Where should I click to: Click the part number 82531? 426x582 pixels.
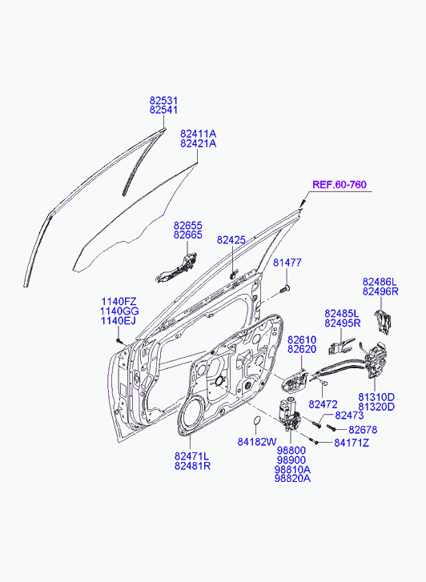pos(164,101)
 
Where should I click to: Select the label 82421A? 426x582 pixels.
pos(199,143)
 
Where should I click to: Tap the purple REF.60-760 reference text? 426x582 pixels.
pos(340,184)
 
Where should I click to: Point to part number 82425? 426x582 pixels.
pos(231,240)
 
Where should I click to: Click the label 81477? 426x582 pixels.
pos(287,263)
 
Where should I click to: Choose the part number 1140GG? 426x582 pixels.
pos(119,311)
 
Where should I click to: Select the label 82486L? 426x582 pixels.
pos(380,282)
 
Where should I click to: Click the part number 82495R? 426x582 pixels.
pos(343,323)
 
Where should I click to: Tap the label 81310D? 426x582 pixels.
pos(376,397)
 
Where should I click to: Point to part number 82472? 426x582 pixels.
pos(324,403)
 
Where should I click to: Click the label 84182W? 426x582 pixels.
pos(257,442)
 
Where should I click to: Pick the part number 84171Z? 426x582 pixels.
pos(352,443)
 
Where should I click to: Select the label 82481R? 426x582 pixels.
pos(193,465)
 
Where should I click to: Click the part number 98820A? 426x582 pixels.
pos(292,478)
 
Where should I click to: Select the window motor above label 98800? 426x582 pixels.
pos(289,414)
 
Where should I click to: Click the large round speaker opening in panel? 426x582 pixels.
pos(193,414)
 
